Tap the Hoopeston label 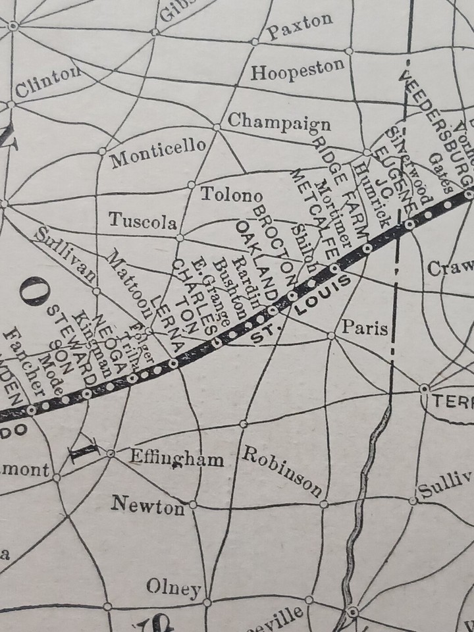[298, 70]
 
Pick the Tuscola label [142, 220]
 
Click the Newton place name [147, 506]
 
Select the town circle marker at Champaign [217, 126]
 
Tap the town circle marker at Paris [332, 336]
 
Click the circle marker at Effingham [111, 453]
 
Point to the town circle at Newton [193, 504]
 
